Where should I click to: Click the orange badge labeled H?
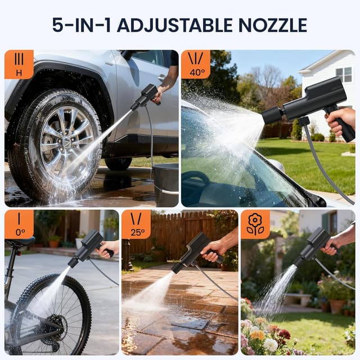[x=19, y=64]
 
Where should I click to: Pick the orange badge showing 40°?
[x=196, y=64]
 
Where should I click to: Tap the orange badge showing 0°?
[x=19, y=224]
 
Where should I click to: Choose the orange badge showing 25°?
[x=136, y=224]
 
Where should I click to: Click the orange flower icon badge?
[x=255, y=224]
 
